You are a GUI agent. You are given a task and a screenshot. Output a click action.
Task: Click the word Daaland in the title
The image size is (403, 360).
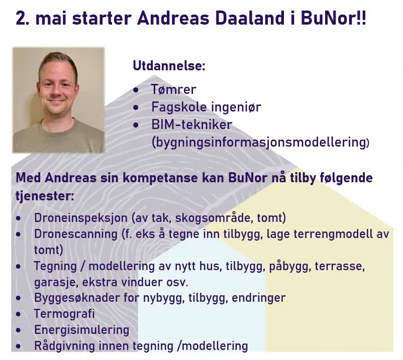click(249, 19)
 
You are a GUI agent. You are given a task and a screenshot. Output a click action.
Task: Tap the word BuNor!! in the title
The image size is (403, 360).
click(333, 19)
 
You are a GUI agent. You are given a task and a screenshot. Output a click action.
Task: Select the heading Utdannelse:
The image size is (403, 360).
click(169, 66)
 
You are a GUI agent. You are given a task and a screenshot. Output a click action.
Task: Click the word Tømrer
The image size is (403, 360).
click(173, 89)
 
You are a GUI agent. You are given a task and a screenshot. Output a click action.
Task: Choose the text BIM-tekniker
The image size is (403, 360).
click(192, 125)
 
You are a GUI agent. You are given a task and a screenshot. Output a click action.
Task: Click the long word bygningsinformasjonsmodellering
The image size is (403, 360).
click(260, 142)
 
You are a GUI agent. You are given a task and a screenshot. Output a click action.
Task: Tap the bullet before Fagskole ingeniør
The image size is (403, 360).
click(136, 107)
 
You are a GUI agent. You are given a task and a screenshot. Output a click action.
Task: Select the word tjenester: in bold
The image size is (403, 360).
click(45, 196)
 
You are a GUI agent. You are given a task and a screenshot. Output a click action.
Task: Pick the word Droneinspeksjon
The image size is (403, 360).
click(81, 218)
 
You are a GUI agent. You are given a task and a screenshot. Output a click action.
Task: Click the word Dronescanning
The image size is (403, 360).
click(76, 234)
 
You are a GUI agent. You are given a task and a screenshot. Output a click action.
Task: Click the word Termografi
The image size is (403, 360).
click(64, 314)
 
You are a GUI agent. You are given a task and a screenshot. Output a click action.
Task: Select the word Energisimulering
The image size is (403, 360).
click(81, 330)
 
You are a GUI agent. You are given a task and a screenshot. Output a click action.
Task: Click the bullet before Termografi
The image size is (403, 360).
click(18, 314)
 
